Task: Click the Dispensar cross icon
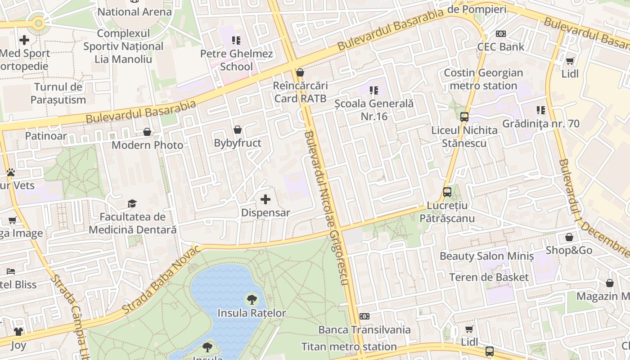265,199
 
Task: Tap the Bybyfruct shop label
238,143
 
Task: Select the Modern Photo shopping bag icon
147,132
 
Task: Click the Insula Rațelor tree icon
252,299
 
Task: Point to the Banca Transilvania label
364,329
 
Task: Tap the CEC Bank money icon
500,34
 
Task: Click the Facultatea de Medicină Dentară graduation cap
132,204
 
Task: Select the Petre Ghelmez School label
236,60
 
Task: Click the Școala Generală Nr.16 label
373,110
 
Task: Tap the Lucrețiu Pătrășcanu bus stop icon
447,192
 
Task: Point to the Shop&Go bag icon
569,237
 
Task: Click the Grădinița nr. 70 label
540,123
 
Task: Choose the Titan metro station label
349,346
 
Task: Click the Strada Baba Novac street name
161,280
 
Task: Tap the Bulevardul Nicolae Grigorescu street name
326,207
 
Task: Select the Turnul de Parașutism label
58,93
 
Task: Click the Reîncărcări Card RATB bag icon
300,72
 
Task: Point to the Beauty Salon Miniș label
486,256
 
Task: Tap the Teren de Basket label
489,277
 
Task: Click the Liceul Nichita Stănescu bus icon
464,117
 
